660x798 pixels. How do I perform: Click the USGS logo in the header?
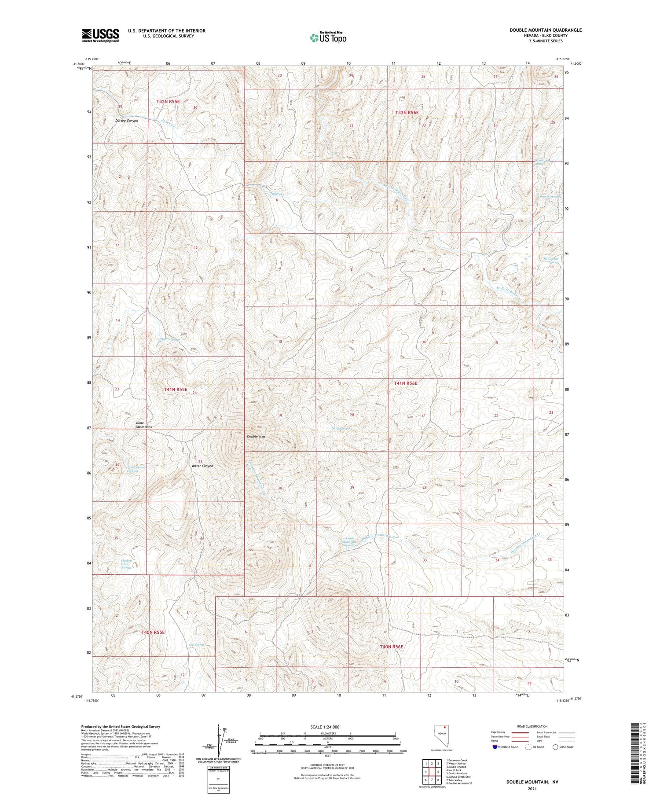(100, 35)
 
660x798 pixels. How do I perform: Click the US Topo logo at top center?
(328, 37)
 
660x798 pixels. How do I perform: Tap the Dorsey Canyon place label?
(126, 121)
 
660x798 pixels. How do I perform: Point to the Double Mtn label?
(256, 436)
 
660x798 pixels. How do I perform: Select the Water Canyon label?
(202, 466)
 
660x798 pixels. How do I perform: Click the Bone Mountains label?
(144, 425)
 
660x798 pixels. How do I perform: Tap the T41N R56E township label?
(405, 383)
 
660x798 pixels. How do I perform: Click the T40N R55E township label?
(153, 632)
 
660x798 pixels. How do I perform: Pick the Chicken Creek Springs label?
(126, 564)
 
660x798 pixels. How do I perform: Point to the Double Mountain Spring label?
(349, 542)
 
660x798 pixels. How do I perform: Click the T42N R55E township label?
(168, 101)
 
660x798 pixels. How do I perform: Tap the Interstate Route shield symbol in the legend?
(495, 747)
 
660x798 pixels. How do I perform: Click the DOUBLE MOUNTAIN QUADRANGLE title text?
(546, 30)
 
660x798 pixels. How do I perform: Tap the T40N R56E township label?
(391, 647)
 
